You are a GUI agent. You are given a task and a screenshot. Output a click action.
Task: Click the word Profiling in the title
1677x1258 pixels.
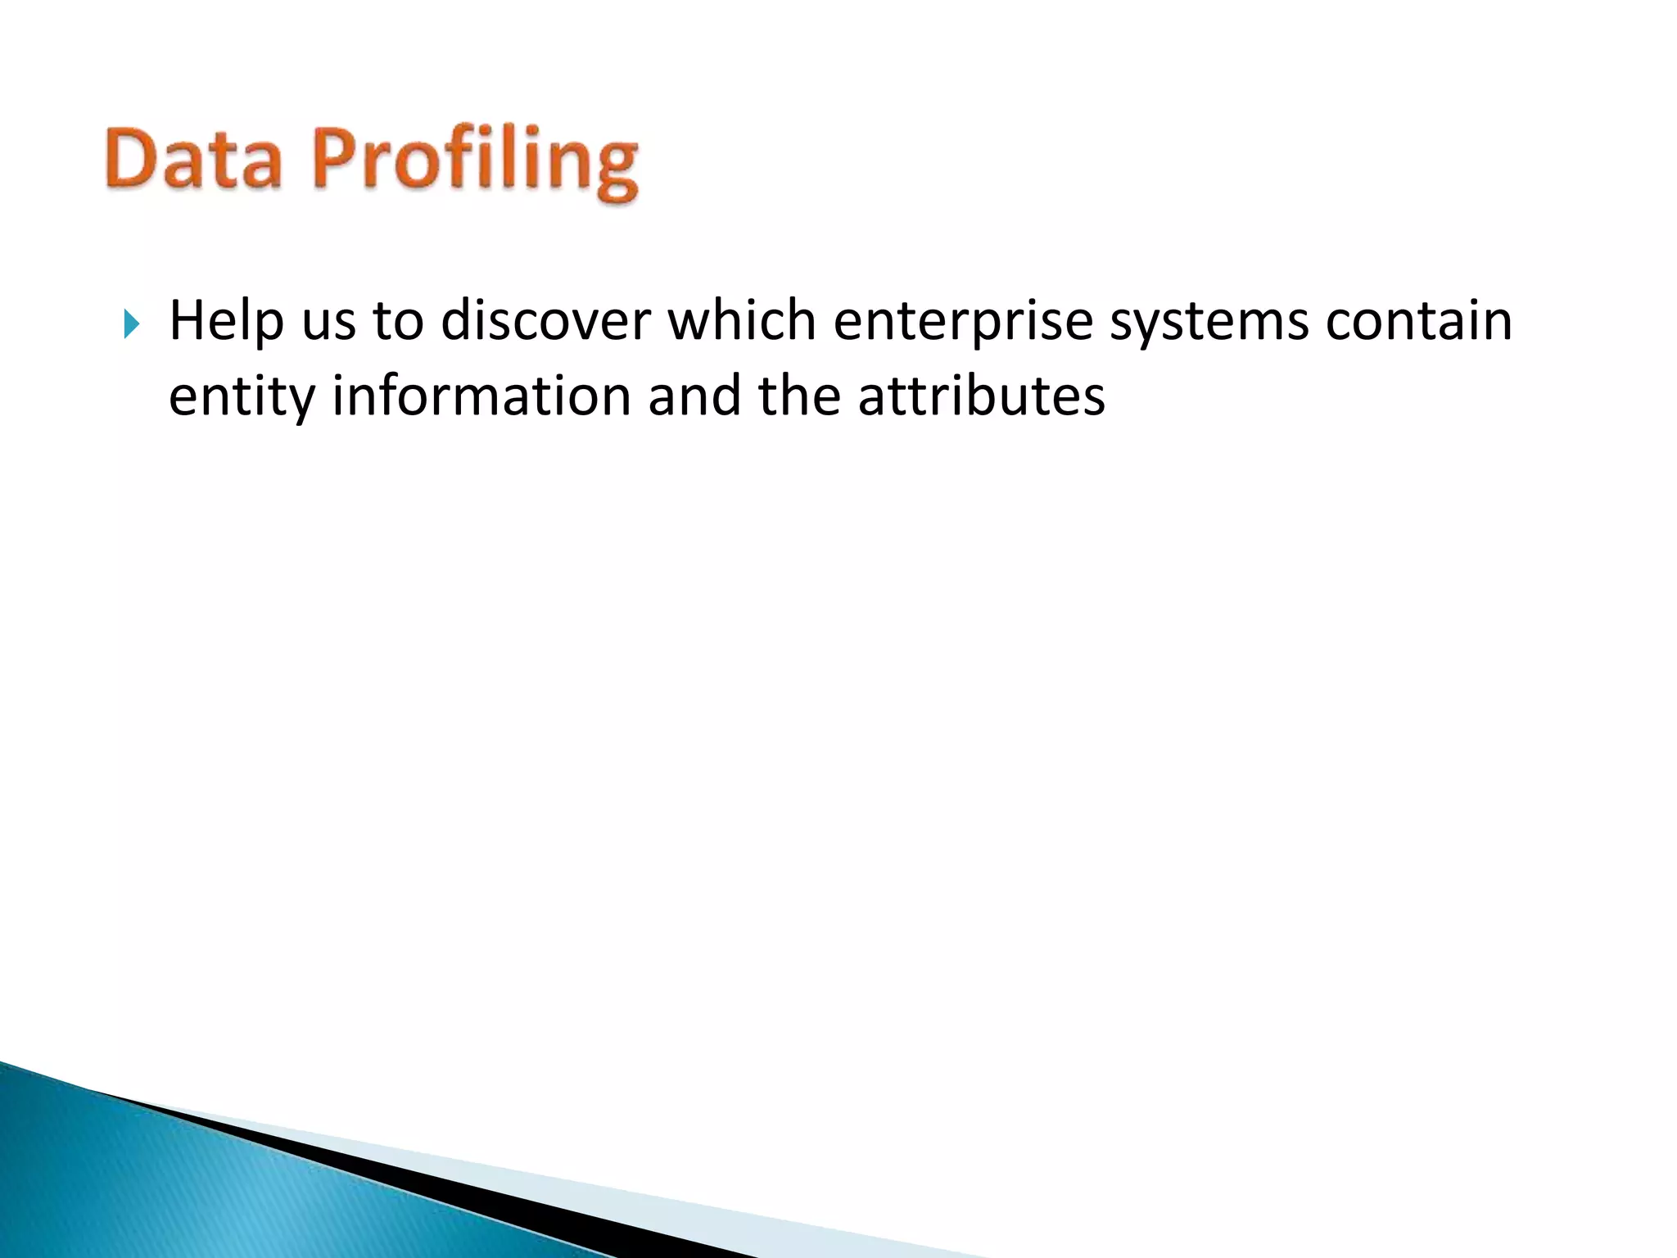pyautogui.click(x=475, y=161)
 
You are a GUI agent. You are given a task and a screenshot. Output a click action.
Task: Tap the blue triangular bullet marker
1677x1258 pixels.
pyautogui.click(x=132, y=324)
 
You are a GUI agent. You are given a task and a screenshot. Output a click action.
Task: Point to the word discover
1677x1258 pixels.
pyautogui.click(x=546, y=321)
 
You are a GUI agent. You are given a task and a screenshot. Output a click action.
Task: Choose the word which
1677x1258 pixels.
pyautogui.click(x=742, y=321)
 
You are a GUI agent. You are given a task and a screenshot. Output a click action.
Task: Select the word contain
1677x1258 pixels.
pyautogui.click(x=1419, y=321)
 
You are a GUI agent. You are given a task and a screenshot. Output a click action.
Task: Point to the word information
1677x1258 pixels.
pyautogui.click(x=481, y=396)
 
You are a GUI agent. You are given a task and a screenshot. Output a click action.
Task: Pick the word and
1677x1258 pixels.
pyautogui.click(x=694, y=396)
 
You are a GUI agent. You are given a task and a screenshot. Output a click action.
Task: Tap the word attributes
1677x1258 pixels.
pyautogui.click(x=981, y=396)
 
